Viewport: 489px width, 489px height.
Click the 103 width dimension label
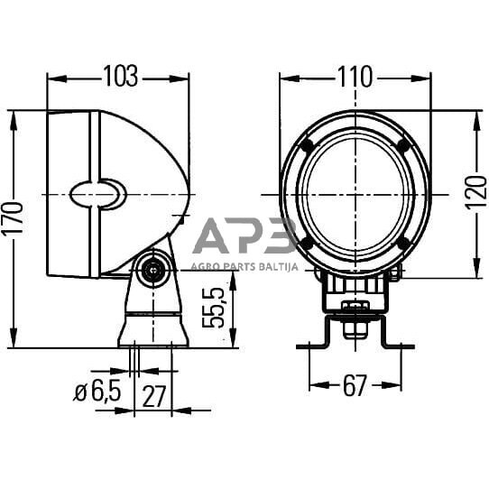119,78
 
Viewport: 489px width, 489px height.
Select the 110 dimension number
355,78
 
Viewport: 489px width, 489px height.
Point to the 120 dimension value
475,192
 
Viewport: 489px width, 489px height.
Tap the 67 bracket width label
355,386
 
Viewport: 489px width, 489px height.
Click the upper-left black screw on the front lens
307,146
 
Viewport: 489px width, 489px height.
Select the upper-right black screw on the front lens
403,146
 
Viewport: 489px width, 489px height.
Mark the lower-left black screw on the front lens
307,243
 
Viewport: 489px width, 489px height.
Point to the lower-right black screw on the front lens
403,243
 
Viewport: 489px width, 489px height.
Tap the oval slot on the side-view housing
97,194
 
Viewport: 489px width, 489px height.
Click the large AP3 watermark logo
244,237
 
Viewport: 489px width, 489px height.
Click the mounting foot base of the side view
152,330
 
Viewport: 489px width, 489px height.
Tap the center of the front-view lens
355,194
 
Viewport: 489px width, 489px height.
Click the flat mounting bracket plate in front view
355,344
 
